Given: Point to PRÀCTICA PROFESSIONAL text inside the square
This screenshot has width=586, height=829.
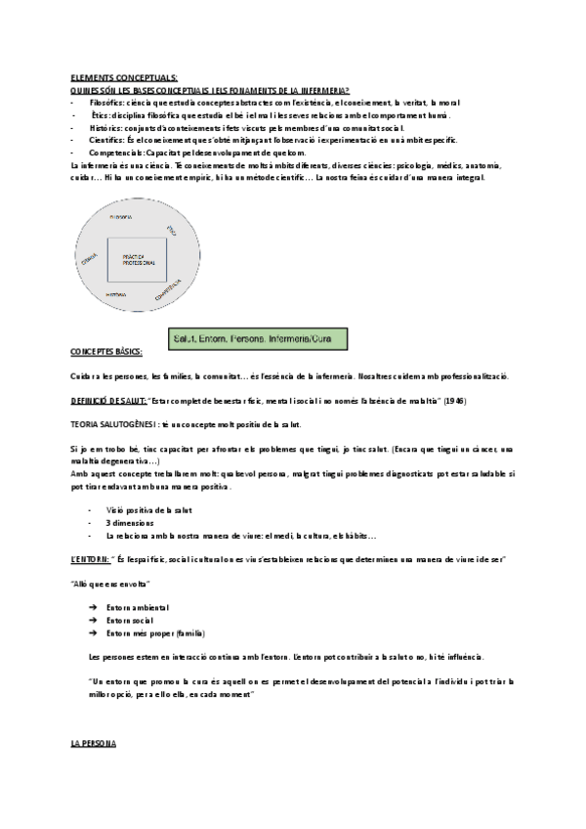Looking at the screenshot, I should pyautogui.click(x=138, y=262).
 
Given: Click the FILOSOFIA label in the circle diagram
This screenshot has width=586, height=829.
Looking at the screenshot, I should pyautogui.click(x=122, y=216).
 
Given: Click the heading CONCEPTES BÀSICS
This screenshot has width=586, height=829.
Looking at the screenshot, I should pyautogui.click(x=105, y=351).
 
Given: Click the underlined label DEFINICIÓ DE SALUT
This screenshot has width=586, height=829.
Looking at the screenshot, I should pyautogui.click(x=107, y=401).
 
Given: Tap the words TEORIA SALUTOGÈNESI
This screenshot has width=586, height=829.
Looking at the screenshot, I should pyautogui.click(x=118, y=424).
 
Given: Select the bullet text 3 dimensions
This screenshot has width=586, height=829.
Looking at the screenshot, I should pyautogui.click(x=130, y=523).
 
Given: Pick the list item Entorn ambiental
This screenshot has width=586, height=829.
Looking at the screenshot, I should pyautogui.click(x=141, y=608).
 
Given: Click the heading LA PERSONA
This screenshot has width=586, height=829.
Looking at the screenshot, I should pyautogui.click(x=94, y=745).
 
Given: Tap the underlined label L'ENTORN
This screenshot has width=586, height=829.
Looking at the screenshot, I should pyautogui.click(x=90, y=558).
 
